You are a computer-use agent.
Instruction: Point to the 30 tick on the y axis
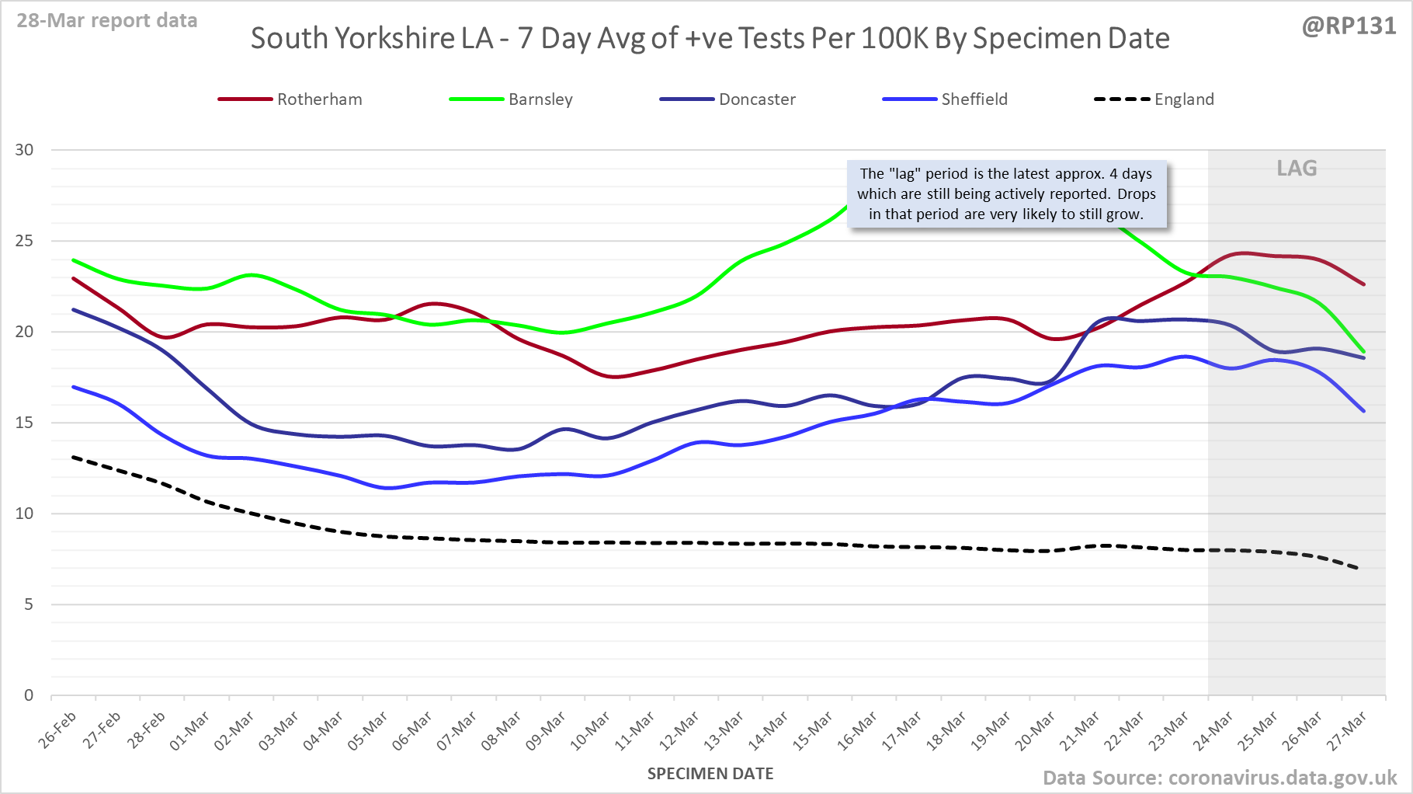coord(25,150)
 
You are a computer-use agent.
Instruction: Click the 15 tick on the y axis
coord(25,423)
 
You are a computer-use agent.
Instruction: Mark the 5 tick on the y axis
coord(29,604)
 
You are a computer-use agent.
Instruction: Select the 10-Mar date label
coord(591,731)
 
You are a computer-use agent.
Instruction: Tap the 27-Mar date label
coord(1346,731)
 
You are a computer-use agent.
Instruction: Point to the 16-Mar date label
coord(857,731)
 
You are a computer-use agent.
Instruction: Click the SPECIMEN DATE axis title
coord(710,774)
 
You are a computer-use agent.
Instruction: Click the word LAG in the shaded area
coord(1297,169)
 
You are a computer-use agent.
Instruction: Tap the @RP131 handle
coord(1349,26)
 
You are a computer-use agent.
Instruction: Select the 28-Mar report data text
coord(107,21)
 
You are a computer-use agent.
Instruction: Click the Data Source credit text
coord(1219,778)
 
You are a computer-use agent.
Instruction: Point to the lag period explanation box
coord(1006,194)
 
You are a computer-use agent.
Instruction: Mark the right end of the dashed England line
coord(1357,569)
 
